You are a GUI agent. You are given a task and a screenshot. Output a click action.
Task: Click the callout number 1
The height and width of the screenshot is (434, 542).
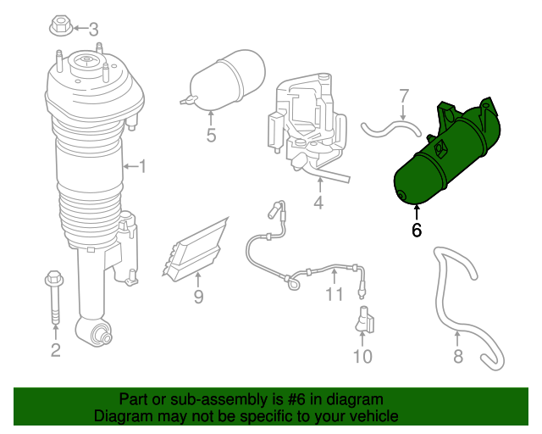(x=142, y=167)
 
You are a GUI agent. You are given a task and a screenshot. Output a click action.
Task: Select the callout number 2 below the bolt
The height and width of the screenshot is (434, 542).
(x=55, y=349)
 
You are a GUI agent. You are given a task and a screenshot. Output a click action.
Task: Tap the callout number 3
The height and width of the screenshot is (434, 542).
(x=93, y=29)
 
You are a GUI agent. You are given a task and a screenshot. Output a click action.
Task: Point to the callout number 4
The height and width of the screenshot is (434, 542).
(x=318, y=203)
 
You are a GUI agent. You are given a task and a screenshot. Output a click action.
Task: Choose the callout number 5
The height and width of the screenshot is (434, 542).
(x=211, y=135)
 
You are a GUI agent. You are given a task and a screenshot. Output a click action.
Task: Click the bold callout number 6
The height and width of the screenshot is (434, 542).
(x=416, y=230)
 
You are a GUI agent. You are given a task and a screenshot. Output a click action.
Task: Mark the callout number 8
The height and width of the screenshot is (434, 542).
(x=458, y=356)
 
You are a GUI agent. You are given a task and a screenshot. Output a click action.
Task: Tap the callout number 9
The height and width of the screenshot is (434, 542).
(x=198, y=297)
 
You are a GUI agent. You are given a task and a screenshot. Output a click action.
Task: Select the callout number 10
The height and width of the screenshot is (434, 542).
(x=362, y=356)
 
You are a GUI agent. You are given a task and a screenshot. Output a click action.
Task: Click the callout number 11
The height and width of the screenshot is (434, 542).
(x=335, y=294)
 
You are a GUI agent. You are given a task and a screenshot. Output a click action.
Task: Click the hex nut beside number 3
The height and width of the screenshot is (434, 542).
(x=62, y=26)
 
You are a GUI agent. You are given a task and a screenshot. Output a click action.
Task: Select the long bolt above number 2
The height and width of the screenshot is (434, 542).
(x=54, y=297)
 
